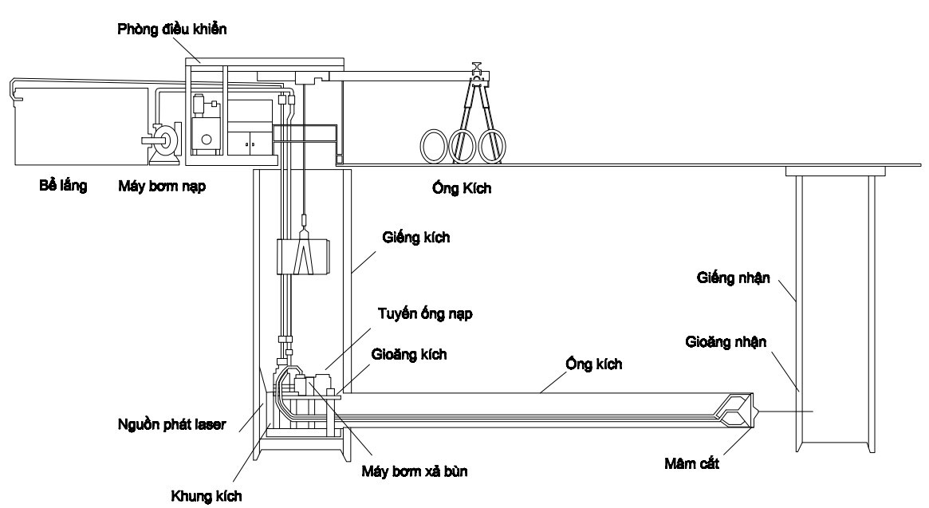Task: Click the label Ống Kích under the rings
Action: coord(459,191)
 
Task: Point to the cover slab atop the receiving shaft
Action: coord(836,171)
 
